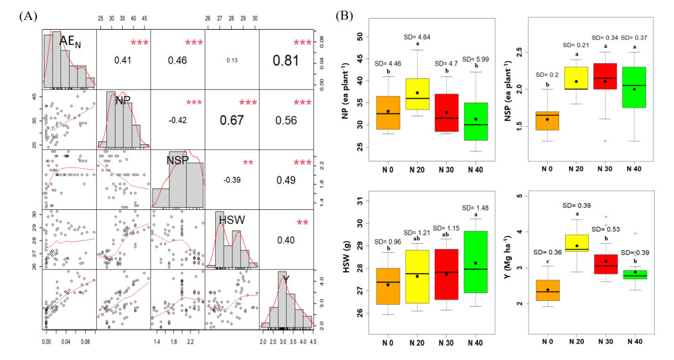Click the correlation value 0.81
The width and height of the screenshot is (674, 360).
(286, 60)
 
